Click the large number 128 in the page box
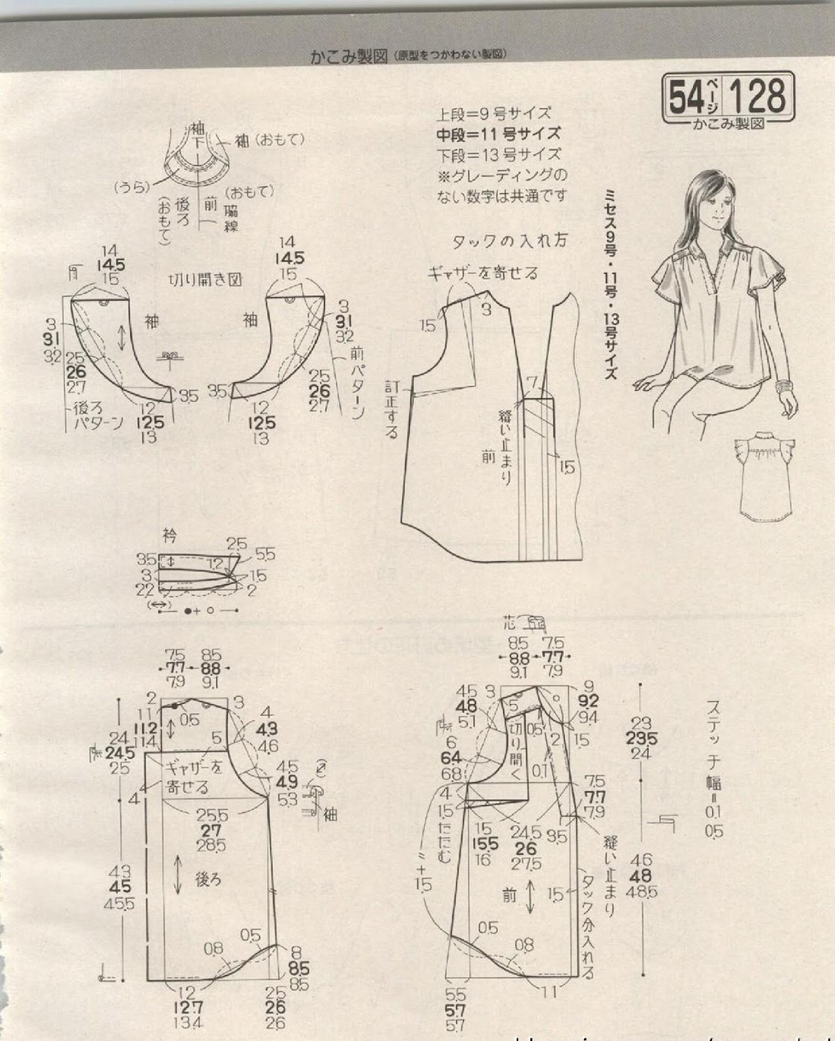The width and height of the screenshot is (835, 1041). click(x=758, y=96)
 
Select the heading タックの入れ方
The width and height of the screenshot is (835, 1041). click(x=510, y=241)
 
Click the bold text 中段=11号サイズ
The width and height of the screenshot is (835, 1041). click(x=498, y=134)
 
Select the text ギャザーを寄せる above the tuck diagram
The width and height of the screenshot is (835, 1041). click(x=482, y=273)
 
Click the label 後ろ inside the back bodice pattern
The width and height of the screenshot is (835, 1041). click(x=208, y=879)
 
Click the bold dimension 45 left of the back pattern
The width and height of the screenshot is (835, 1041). click(x=121, y=887)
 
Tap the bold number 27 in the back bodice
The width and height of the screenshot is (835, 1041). click(x=211, y=831)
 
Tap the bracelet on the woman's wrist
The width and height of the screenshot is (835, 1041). click(x=782, y=388)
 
